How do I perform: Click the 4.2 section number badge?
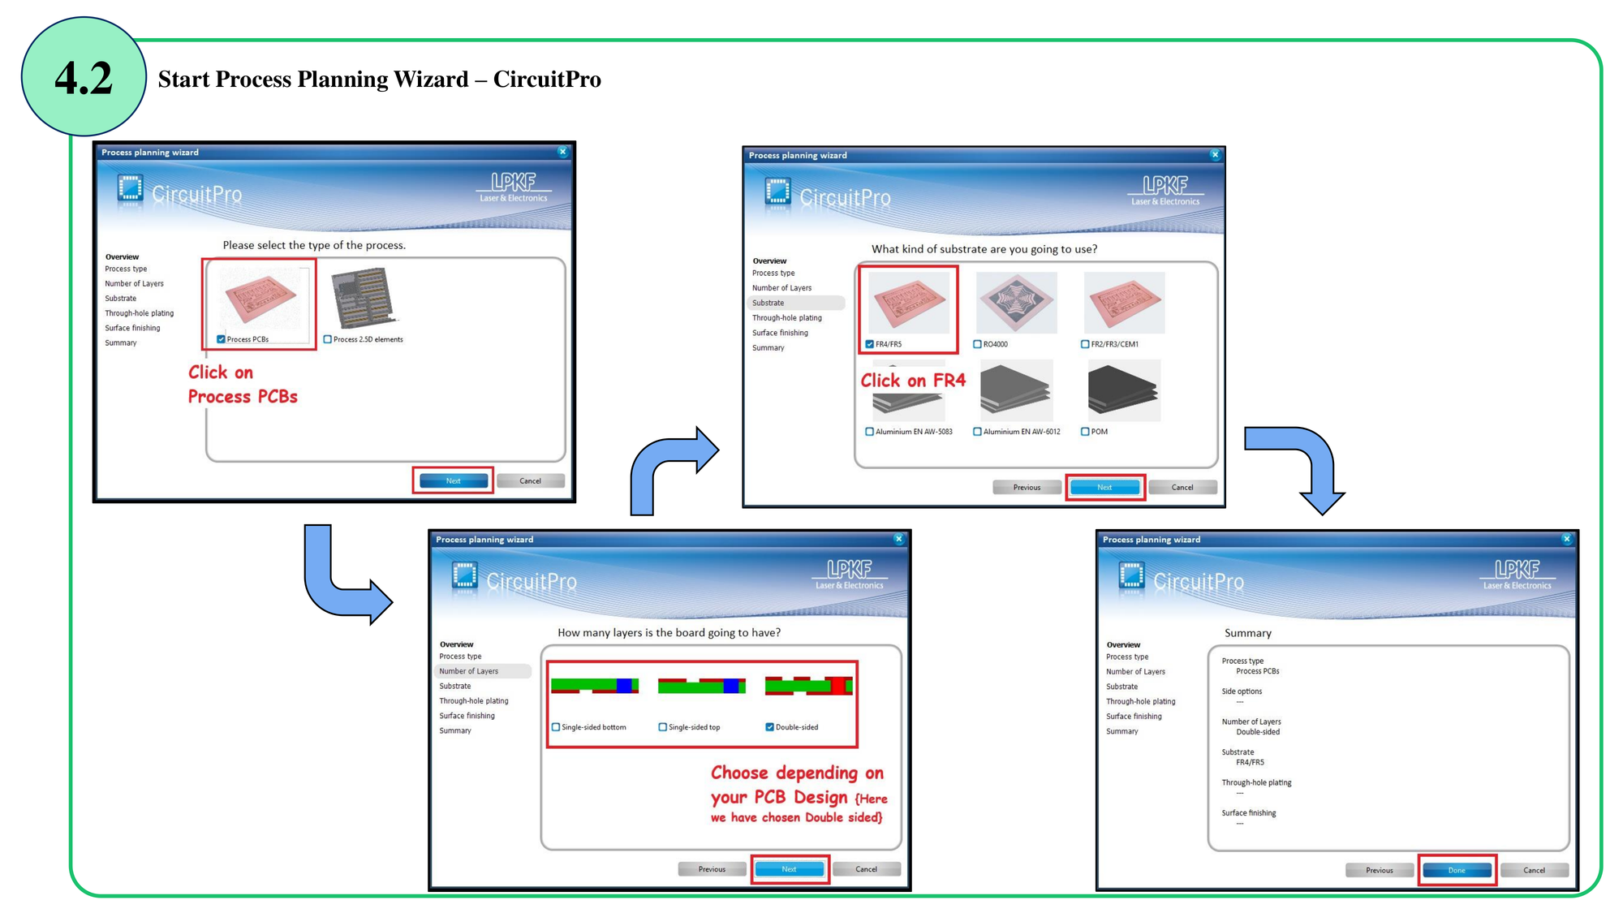click(x=84, y=77)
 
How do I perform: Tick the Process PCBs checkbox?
click(x=221, y=339)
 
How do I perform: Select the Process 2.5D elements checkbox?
click(x=327, y=339)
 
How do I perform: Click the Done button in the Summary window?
click(x=1457, y=870)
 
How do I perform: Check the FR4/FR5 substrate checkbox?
click(x=869, y=344)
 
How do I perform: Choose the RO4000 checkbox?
click(x=977, y=344)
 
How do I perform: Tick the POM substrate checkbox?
click(x=1085, y=432)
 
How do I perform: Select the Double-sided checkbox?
click(x=769, y=727)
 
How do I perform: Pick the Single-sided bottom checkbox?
click(x=556, y=727)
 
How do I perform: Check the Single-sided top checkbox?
click(x=662, y=727)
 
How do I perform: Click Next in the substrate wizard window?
click(x=1104, y=488)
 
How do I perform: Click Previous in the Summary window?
click(x=1379, y=870)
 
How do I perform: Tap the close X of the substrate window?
click(x=1215, y=155)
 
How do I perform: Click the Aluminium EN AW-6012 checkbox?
click(x=977, y=432)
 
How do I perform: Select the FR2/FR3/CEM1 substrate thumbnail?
click(x=1124, y=303)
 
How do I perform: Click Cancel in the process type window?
click(x=530, y=481)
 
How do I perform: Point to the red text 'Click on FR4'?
click(x=913, y=380)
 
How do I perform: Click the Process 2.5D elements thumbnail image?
click(x=363, y=298)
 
